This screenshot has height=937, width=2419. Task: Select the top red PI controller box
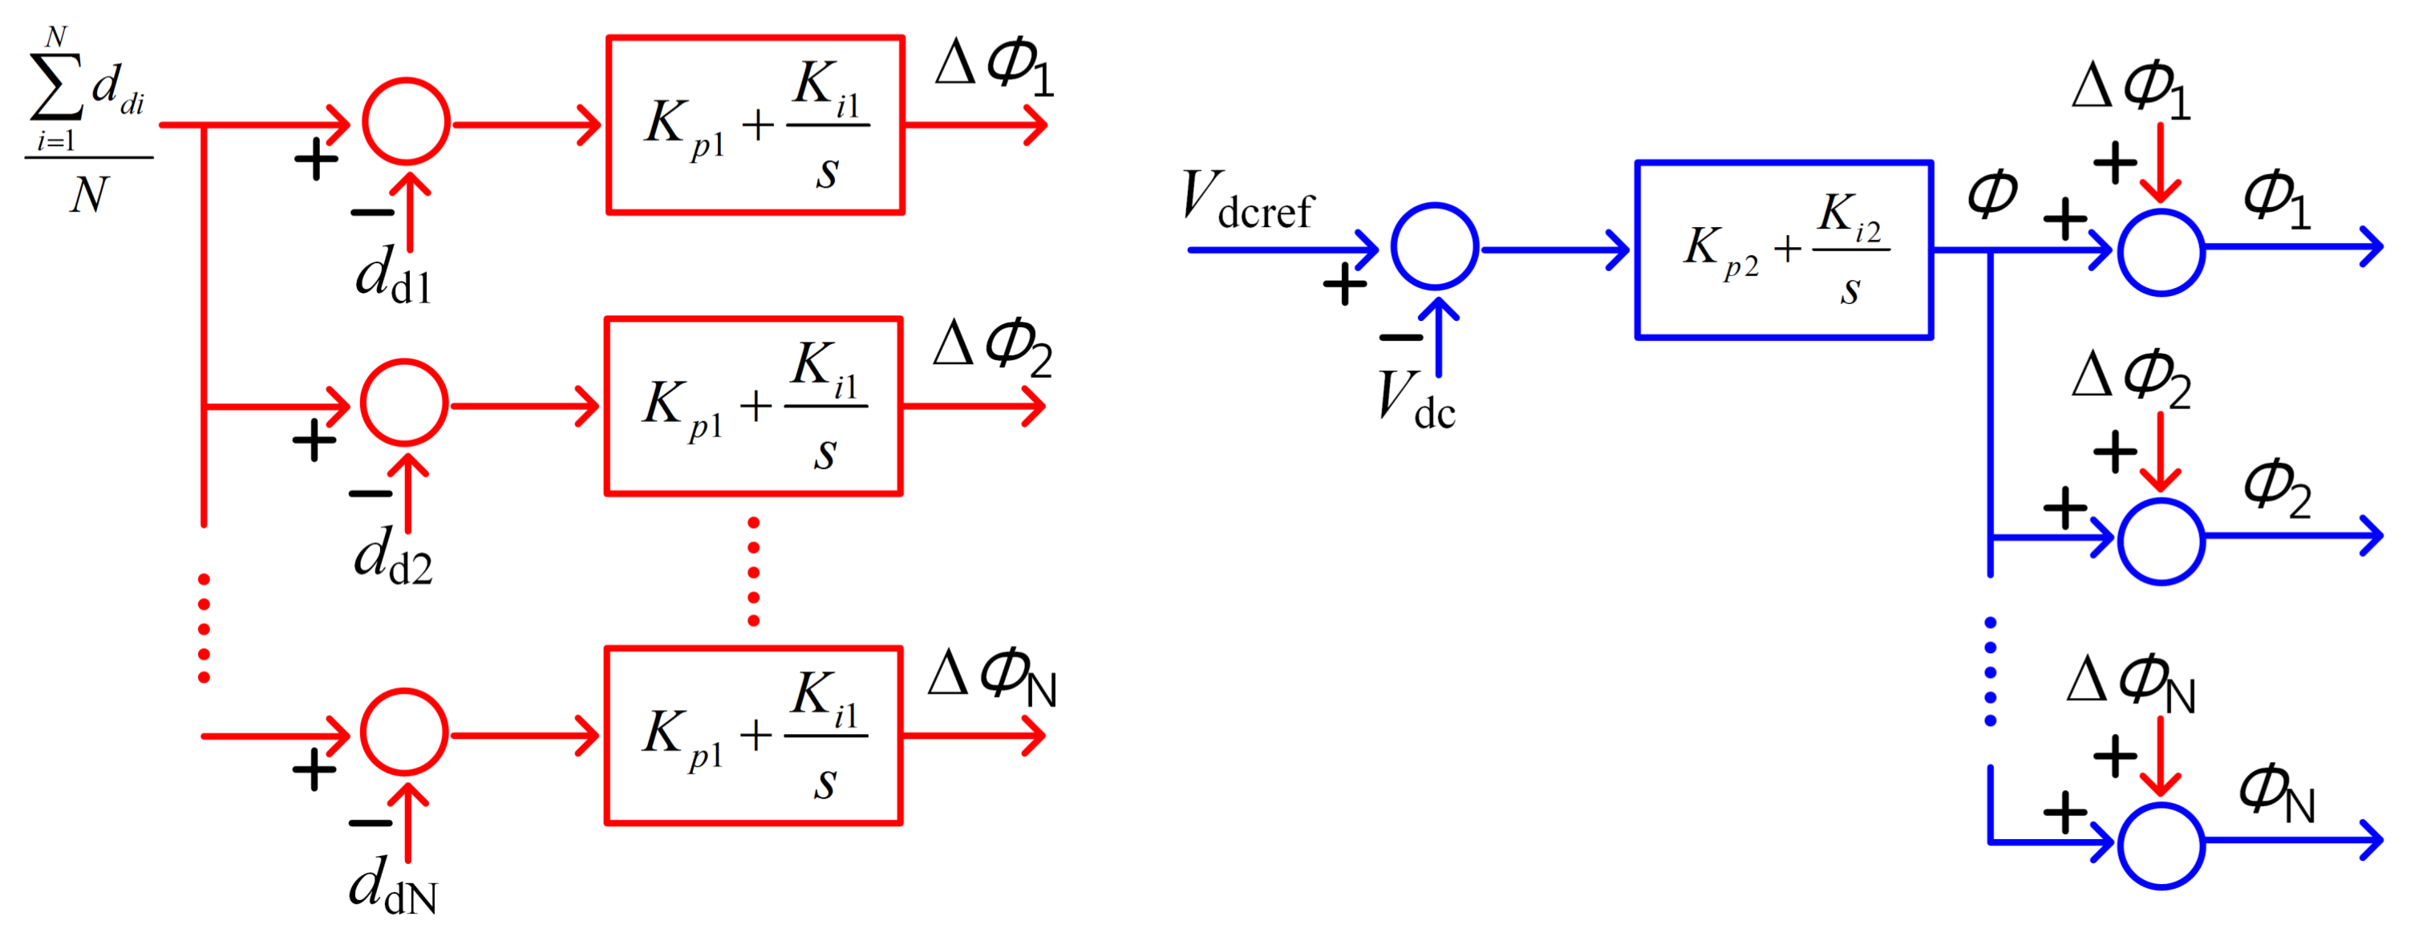(755, 125)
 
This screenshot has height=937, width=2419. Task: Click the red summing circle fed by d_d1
(407, 122)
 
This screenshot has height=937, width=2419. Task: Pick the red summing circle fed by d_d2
(405, 403)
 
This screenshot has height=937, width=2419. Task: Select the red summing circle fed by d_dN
(405, 732)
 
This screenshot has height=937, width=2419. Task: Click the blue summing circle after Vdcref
(1434, 246)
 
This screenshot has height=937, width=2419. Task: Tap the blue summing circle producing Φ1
(2161, 252)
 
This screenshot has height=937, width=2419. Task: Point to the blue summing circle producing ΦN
(2161, 845)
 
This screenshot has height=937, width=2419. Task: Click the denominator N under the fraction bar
(89, 195)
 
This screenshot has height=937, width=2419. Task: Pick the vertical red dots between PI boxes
(753, 571)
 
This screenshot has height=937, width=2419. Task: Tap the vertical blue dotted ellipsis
(1990, 672)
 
